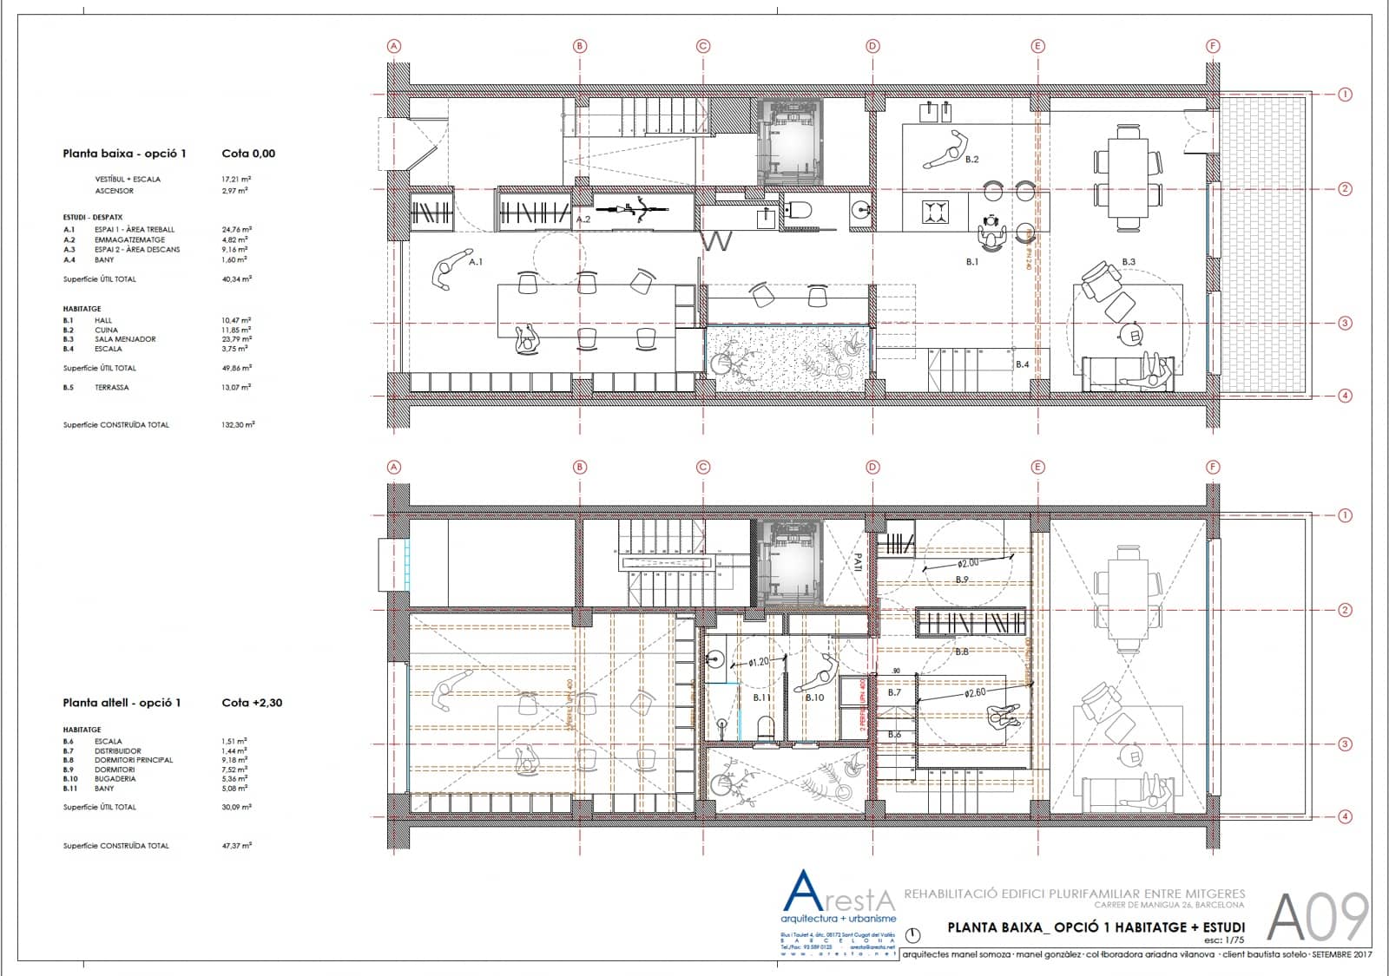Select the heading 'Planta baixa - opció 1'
click(124, 154)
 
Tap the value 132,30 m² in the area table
click(237, 425)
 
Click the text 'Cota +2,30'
click(252, 703)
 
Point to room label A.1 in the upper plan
click(476, 261)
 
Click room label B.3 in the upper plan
click(1128, 261)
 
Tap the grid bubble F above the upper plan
click(1213, 46)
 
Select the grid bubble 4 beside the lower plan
click(1345, 816)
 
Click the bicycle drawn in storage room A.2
click(638, 209)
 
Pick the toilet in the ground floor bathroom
click(800, 209)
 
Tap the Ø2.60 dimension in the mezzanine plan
click(975, 693)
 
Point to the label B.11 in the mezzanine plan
click(761, 698)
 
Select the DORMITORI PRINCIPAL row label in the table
click(134, 760)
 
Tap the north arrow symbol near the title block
click(912, 935)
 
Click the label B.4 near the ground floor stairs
click(1023, 364)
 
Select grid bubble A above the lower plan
click(394, 467)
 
